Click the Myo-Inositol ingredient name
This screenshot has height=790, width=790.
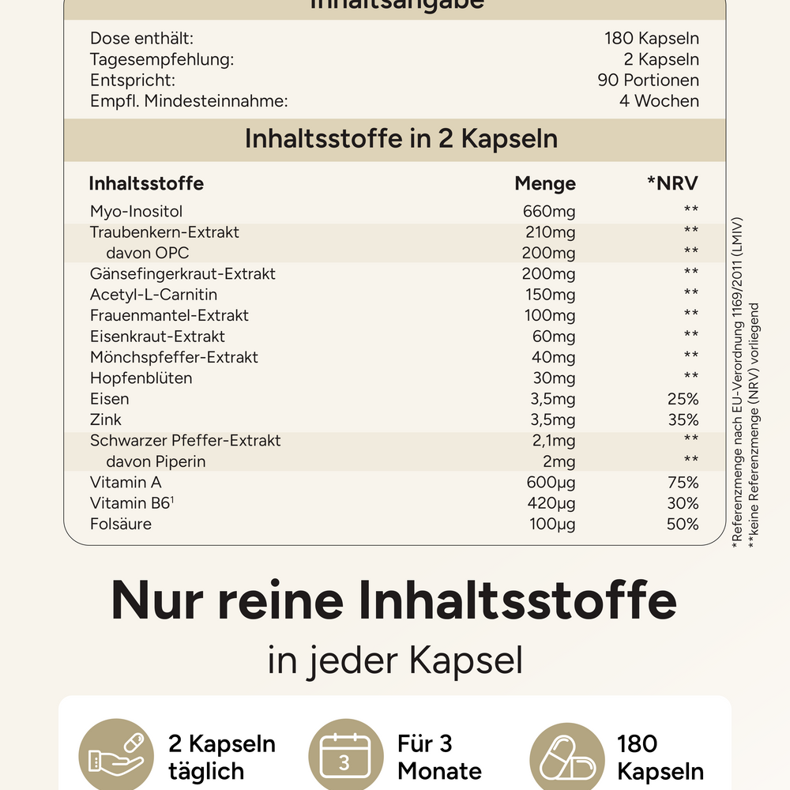click(x=136, y=212)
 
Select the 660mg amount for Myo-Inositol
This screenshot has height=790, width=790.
click(x=549, y=212)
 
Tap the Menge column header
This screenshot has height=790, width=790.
click(x=545, y=184)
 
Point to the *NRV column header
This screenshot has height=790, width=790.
click(x=673, y=184)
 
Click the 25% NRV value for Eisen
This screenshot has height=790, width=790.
click(x=683, y=399)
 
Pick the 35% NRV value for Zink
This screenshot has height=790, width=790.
click(x=683, y=419)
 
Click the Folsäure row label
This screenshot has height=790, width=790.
click(x=121, y=524)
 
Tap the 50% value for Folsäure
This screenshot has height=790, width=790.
click(x=683, y=524)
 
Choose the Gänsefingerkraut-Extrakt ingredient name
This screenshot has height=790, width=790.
click(x=182, y=274)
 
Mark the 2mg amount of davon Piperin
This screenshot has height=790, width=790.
click(x=558, y=461)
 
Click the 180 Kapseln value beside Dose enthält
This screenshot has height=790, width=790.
click(x=652, y=39)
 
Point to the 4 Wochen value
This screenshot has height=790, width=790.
click(x=659, y=101)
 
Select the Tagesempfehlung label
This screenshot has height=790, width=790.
click(x=162, y=59)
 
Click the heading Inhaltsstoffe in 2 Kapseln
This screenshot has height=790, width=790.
click(x=401, y=139)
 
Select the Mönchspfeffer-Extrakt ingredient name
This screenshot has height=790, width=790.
click(x=174, y=357)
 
